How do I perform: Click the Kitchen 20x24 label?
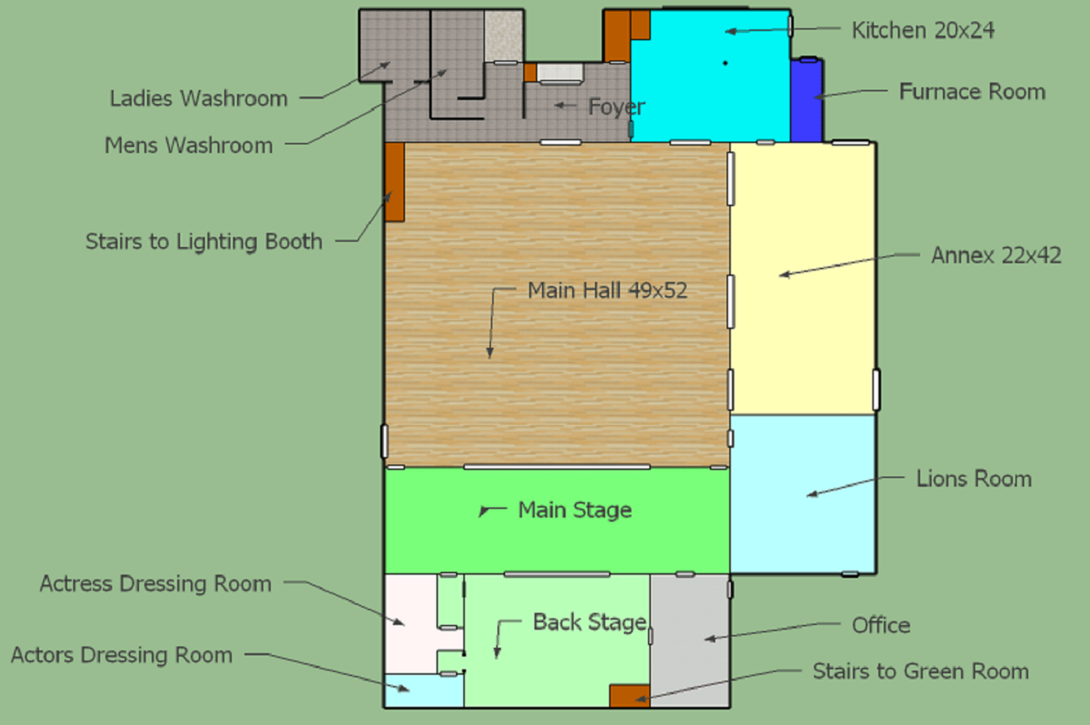[x=923, y=31]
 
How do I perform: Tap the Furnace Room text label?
[x=972, y=92]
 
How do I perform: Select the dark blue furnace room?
[x=807, y=100]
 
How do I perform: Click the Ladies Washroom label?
[x=199, y=98]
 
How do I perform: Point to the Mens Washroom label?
[x=189, y=146]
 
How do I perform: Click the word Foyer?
[x=617, y=107]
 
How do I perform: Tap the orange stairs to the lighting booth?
[x=395, y=182]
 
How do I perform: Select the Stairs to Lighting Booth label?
[x=204, y=242]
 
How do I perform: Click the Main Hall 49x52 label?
[x=607, y=290]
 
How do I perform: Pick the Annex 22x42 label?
[x=996, y=255]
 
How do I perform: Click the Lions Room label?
[x=974, y=479]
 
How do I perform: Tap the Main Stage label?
[x=575, y=510]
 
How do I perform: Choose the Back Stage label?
[x=590, y=622]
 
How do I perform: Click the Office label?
[x=880, y=626]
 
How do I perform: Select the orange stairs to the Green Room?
[x=630, y=696]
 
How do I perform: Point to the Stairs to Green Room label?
[x=921, y=671]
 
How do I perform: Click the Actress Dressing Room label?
[x=156, y=583]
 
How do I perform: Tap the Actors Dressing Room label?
[x=122, y=655]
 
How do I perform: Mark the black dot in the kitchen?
[x=725, y=63]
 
